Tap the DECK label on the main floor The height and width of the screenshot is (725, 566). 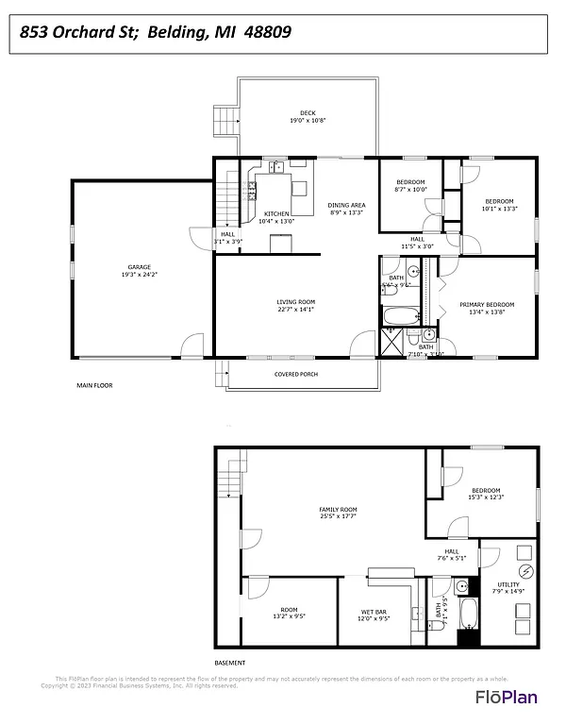click(x=308, y=113)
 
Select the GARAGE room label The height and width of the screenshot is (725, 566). click(x=140, y=267)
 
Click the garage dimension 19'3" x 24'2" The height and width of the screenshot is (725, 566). click(x=140, y=275)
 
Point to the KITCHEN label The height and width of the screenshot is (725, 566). click(x=276, y=213)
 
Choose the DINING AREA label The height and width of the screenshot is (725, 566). click(x=346, y=205)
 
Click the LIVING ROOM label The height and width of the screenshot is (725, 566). click(x=295, y=301)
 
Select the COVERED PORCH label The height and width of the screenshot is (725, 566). click(x=296, y=374)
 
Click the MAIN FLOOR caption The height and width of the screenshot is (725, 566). click(x=94, y=386)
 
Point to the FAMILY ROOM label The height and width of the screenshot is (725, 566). click(x=338, y=510)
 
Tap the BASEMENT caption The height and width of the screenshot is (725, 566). click(x=230, y=663)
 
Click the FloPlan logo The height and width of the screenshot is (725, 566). click(x=514, y=698)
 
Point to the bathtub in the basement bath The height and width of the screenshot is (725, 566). click(x=467, y=614)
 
